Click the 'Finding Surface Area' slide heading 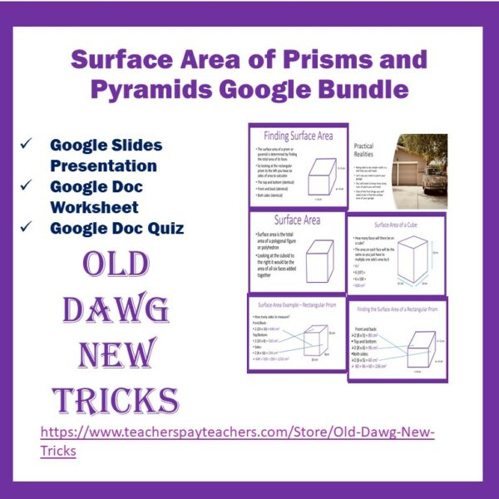(x=298, y=135)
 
